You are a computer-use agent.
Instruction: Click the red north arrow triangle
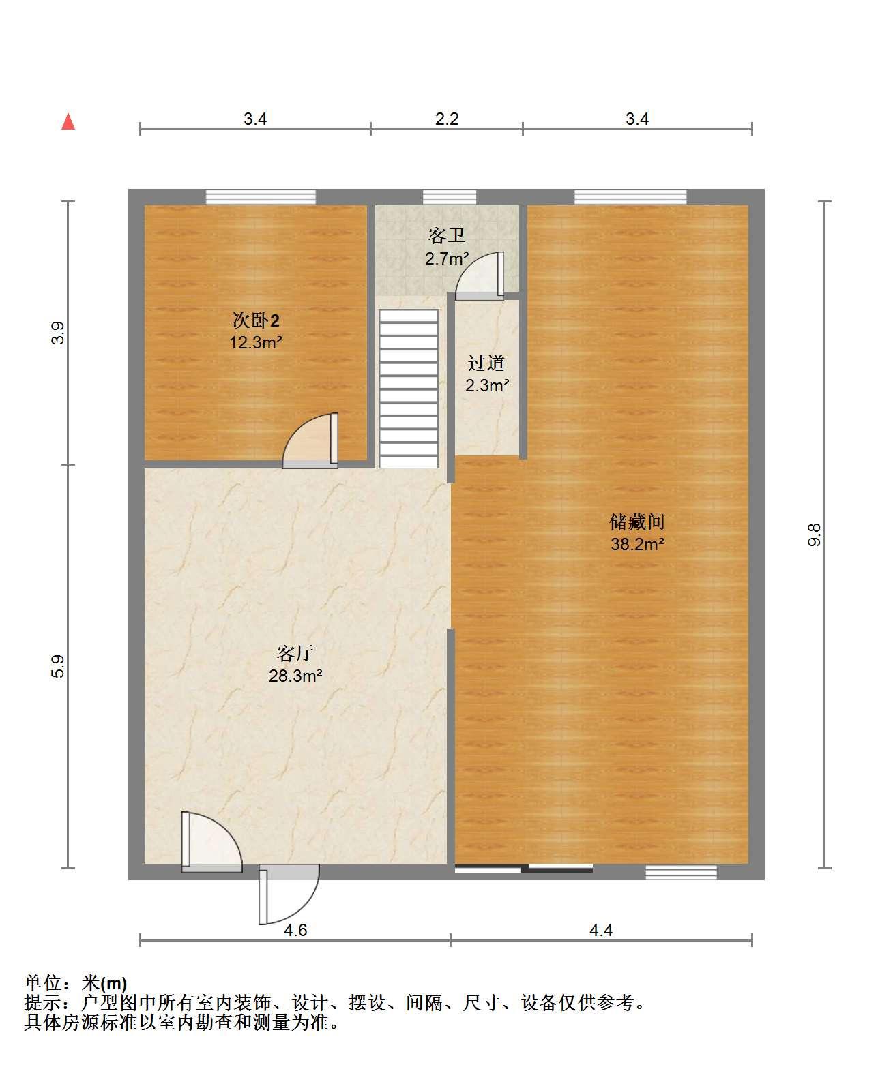coord(68,122)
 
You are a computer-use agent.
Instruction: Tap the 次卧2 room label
coord(256,320)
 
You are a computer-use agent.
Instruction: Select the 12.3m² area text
coord(256,342)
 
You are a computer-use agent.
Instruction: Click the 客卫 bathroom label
coord(446,235)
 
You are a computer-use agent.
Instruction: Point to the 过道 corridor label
coord(486,363)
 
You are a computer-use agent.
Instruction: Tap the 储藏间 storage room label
coord(636,522)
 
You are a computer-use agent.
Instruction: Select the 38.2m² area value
coord(637,544)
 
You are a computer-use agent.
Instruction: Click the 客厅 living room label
coord(295,653)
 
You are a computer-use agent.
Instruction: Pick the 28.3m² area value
coord(295,676)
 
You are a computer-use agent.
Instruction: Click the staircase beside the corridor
coord(409,388)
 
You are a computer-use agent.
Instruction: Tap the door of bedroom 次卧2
coord(310,441)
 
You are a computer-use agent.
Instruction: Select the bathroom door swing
coord(480,275)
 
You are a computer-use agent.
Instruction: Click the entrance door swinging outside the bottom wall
coord(289,894)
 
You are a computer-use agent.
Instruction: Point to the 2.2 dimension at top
coord(447,119)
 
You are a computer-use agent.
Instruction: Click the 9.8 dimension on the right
coord(814,534)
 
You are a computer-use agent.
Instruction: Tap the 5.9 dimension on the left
coord(58,666)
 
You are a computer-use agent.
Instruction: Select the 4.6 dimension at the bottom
coord(295,930)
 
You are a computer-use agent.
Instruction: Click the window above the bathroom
coord(450,196)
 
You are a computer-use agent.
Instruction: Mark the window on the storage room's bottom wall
coord(681,872)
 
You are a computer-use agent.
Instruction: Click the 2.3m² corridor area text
coord(486,385)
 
